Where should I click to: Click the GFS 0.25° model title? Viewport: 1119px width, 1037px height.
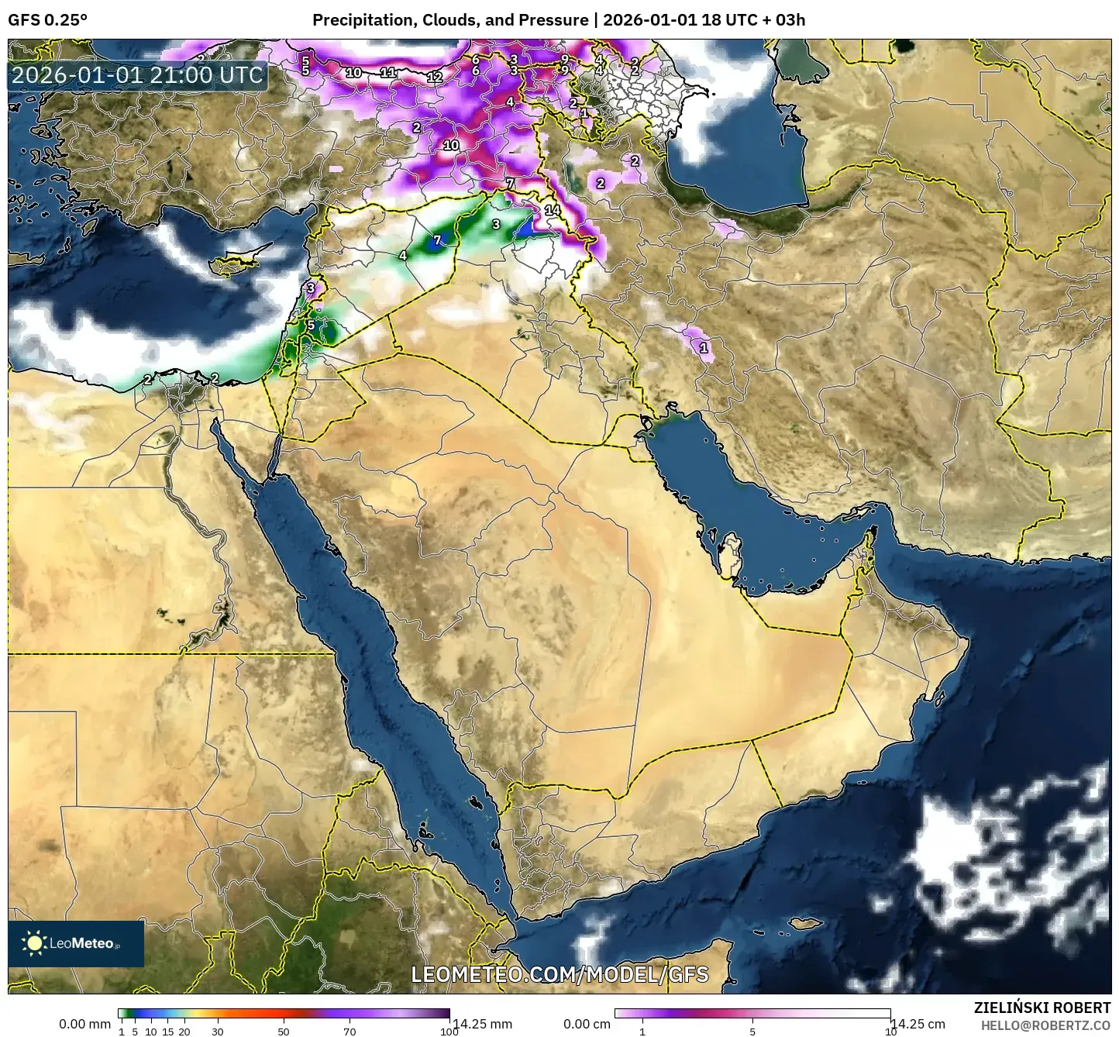[47, 20]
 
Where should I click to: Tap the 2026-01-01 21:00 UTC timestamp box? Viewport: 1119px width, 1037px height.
[137, 75]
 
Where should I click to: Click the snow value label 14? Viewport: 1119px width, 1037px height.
[553, 210]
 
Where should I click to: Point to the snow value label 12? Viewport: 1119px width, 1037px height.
[434, 77]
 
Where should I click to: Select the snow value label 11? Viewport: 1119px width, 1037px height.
[388, 73]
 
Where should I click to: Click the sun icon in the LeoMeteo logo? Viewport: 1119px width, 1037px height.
[35, 943]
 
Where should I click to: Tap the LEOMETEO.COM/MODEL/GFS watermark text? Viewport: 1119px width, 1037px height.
[559, 974]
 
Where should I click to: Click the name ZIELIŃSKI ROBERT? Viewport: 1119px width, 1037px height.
[1042, 1008]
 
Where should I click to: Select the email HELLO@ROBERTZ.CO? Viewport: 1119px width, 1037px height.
[1045, 1025]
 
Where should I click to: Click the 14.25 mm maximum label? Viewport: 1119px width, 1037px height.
[482, 1024]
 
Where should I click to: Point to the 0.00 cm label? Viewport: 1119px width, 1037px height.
[587, 1024]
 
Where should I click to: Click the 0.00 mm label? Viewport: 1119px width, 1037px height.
[85, 1024]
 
